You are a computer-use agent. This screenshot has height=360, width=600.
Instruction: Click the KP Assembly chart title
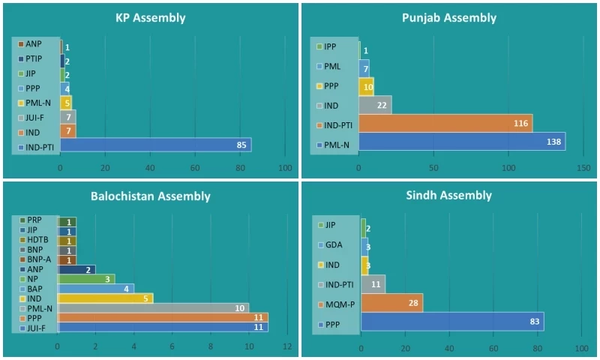pyautogui.click(x=151, y=17)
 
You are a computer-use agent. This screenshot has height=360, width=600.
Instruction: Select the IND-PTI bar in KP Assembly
pyautogui.click(x=155, y=144)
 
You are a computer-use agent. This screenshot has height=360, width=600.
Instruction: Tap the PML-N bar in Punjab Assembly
pyautogui.click(x=461, y=141)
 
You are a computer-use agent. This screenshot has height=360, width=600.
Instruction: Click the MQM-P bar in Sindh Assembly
pyautogui.click(x=391, y=302)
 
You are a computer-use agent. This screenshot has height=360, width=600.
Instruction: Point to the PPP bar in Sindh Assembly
pyautogui.click(x=452, y=321)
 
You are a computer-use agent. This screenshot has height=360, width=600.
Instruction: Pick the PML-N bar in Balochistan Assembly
pyautogui.click(x=153, y=307)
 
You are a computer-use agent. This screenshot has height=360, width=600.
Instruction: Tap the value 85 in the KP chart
pyautogui.click(x=241, y=144)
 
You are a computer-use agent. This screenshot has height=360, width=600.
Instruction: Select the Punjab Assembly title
pyautogui.click(x=449, y=17)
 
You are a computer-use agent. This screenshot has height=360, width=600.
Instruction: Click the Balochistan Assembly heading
pyautogui.click(x=151, y=196)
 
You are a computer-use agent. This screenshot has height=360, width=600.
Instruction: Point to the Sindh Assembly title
pyautogui.click(x=449, y=196)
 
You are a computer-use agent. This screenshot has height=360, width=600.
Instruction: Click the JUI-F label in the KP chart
pyautogui.click(x=35, y=118)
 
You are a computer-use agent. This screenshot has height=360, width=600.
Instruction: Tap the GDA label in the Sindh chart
pyautogui.click(x=334, y=244)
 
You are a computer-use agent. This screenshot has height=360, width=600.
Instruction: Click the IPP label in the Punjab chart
pyautogui.click(x=334, y=46)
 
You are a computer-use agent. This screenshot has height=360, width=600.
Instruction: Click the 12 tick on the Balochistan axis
pyautogui.click(x=286, y=346)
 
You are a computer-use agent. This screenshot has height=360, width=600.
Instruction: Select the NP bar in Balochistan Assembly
pyautogui.click(x=86, y=278)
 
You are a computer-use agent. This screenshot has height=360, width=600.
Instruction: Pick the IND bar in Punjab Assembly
pyautogui.click(x=375, y=104)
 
